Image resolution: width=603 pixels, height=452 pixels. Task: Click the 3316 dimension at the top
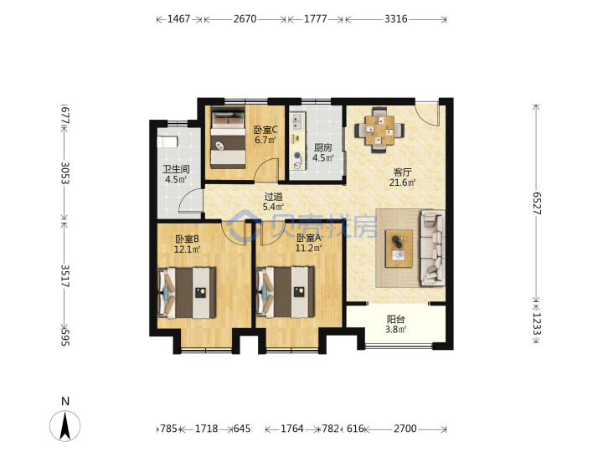point(395,18)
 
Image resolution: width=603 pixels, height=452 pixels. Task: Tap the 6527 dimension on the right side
point(537,203)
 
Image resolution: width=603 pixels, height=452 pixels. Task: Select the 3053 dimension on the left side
point(64,173)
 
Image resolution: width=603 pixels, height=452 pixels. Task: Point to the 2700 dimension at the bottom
point(405,429)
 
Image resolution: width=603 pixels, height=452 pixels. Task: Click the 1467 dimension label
point(179,18)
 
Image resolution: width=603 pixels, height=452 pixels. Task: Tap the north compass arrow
point(65,425)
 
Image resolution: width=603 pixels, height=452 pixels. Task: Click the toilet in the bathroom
point(167,141)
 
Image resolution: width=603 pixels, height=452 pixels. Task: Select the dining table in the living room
point(379,130)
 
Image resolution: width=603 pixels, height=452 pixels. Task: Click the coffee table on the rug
point(399,249)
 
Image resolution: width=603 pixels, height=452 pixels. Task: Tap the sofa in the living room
point(433,249)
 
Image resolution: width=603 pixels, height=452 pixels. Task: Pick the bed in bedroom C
point(228,137)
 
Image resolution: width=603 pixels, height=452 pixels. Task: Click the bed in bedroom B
point(187,293)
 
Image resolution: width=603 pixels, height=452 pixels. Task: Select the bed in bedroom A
point(285,293)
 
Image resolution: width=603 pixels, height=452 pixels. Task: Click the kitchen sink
point(296,121)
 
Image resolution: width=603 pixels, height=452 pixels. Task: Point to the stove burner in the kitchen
point(296,156)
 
